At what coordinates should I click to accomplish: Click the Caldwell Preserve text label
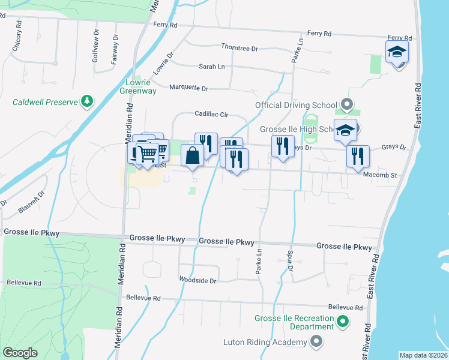point(46,102)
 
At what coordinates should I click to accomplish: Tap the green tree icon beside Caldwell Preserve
point(88,101)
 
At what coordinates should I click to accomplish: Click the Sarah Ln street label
point(211,67)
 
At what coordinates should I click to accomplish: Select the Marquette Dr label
point(188,88)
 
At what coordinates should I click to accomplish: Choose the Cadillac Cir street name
point(211,114)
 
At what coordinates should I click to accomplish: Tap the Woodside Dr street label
point(197,280)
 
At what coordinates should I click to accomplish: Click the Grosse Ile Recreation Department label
point(294,322)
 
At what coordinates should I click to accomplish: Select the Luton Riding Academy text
point(265,342)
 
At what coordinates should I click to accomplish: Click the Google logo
point(20,353)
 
